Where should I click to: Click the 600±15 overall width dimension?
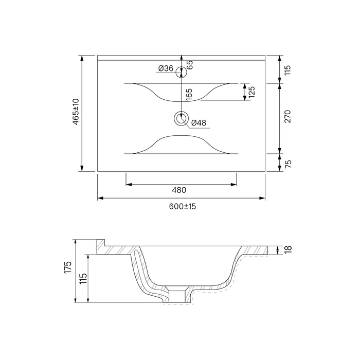[183, 206]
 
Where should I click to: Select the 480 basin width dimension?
[179, 190]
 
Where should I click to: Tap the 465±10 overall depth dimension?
[76, 112]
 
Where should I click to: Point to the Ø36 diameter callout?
[166, 68]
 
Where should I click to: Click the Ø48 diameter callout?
[199, 123]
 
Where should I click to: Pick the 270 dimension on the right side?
[287, 117]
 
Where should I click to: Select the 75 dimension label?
[288, 164]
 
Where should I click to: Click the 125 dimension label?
[251, 92]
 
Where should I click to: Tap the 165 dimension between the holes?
[189, 94]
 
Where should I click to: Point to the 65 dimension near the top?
[190, 65]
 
